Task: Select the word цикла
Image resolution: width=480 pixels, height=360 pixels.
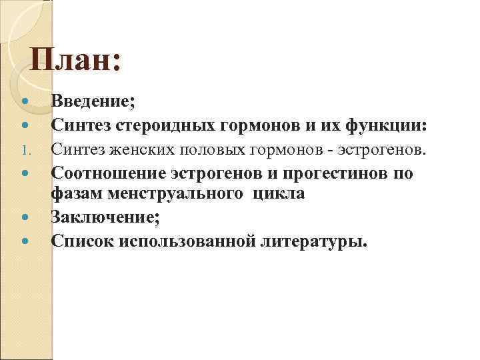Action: coord(279,193)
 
